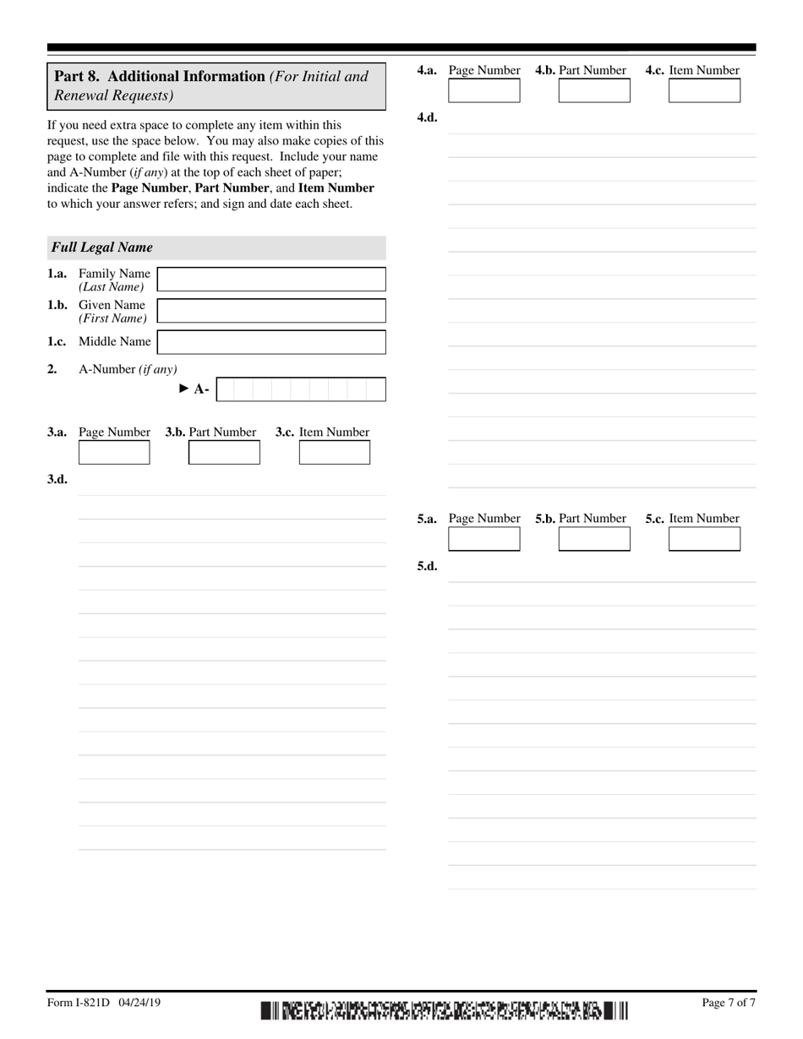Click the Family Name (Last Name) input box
click(271, 280)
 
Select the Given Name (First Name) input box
click(271, 311)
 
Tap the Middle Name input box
click(271, 341)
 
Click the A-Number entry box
click(301, 389)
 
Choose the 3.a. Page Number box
click(114, 453)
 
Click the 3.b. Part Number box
click(224, 453)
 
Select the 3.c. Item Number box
click(335, 453)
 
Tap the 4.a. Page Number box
click(483, 90)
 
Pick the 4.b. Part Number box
click(594, 90)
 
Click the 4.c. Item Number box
click(704, 90)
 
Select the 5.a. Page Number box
click(483, 539)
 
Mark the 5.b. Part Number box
click(594, 539)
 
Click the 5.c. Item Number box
click(704, 539)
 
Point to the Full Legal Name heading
click(102, 248)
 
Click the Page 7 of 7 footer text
click(728, 1003)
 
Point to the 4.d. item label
click(427, 118)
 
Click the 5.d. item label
click(427, 567)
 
